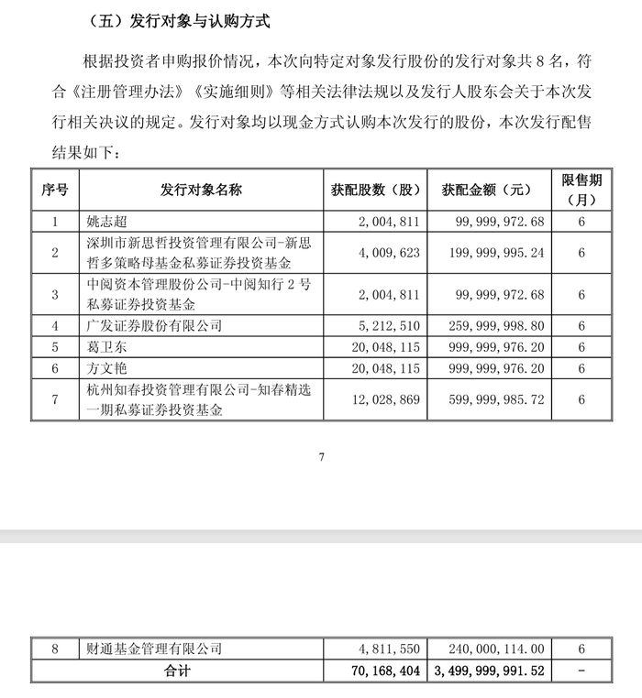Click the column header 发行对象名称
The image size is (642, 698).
tap(201, 191)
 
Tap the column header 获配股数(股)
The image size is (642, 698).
tap(374, 191)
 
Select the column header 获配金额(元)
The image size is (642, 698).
tap(486, 191)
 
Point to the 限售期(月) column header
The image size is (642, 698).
tap(581, 190)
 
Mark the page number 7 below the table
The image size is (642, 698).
tap(322, 456)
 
